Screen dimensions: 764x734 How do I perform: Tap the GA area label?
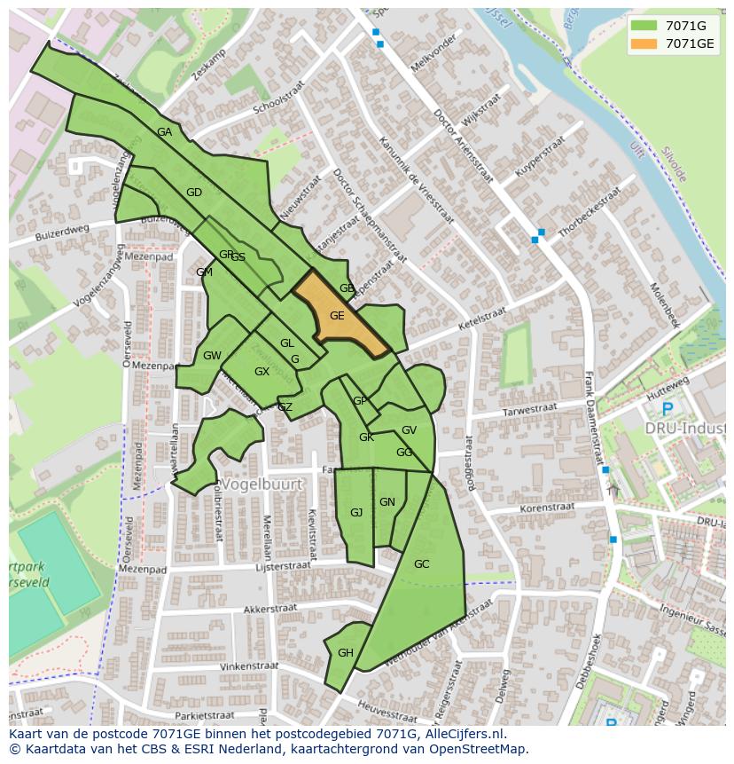tap(164, 132)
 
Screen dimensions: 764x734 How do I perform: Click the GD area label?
tap(194, 193)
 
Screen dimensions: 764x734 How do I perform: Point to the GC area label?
tap(421, 564)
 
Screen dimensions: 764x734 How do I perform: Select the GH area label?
tap(346, 653)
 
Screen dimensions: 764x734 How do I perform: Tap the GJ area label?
tap(356, 513)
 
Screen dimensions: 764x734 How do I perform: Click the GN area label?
tap(387, 502)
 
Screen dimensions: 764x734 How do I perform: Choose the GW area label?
tap(212, 356)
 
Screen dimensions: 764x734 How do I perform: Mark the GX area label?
tap(262, 372)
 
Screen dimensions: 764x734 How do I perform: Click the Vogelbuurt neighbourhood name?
tap(262, 484)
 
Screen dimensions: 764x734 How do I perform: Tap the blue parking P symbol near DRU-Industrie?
tap(667, 409)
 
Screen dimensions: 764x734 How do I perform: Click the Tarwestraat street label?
tap(529, 410)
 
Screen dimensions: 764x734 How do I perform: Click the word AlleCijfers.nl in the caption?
tap(464, 734)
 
